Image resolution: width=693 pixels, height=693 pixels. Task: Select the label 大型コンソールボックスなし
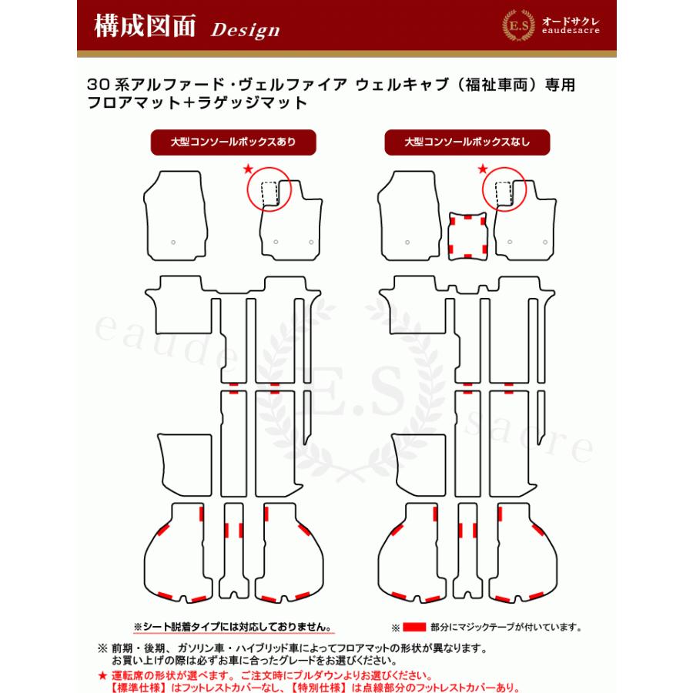coord(467,142)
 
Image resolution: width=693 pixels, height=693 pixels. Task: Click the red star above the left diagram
coord(247,167)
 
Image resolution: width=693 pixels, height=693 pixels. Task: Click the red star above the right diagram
coord(483,167)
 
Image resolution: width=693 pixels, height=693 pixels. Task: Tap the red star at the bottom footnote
coord(102,675)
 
